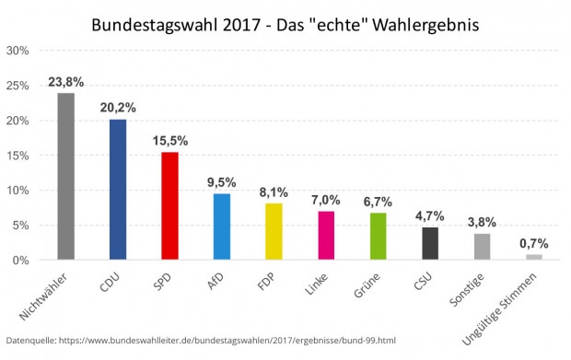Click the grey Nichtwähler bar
66,176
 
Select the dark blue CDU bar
118,190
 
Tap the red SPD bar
170,205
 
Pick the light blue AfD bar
222,226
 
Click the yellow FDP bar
274,231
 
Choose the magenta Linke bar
326,235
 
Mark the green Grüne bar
378,237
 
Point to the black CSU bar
430,243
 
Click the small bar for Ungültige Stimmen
534,257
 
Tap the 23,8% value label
66,82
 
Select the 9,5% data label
222,182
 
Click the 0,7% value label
534,243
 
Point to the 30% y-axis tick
17,51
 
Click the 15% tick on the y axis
17,156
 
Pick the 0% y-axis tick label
21,261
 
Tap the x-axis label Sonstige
467,290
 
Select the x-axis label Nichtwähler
43,296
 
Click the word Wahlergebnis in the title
425,25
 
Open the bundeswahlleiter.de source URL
227,341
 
